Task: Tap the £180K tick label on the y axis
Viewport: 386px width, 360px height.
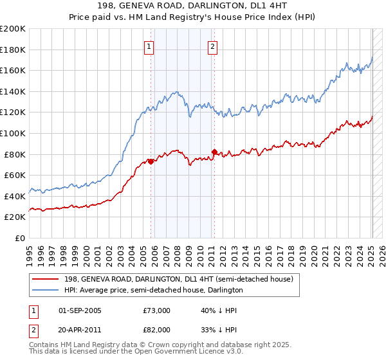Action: coord(13,50)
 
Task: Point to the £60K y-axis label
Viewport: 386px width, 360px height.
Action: coord(15,175)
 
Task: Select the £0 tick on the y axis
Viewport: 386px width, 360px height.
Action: coord(21,238)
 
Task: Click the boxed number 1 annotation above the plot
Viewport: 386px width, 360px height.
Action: coord(149,46)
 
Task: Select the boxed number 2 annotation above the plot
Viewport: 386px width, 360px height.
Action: coord(212,46)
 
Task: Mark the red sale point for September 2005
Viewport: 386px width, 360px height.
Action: coord(151,161)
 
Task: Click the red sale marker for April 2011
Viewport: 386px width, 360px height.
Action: coord(214,152)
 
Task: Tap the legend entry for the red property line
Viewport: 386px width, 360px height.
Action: coord(178,279)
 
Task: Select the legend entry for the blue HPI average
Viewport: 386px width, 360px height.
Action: coord(153,290)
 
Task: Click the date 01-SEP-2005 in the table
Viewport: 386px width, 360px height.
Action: coord(80,310)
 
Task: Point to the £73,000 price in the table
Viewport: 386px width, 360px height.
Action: coord(157,310)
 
